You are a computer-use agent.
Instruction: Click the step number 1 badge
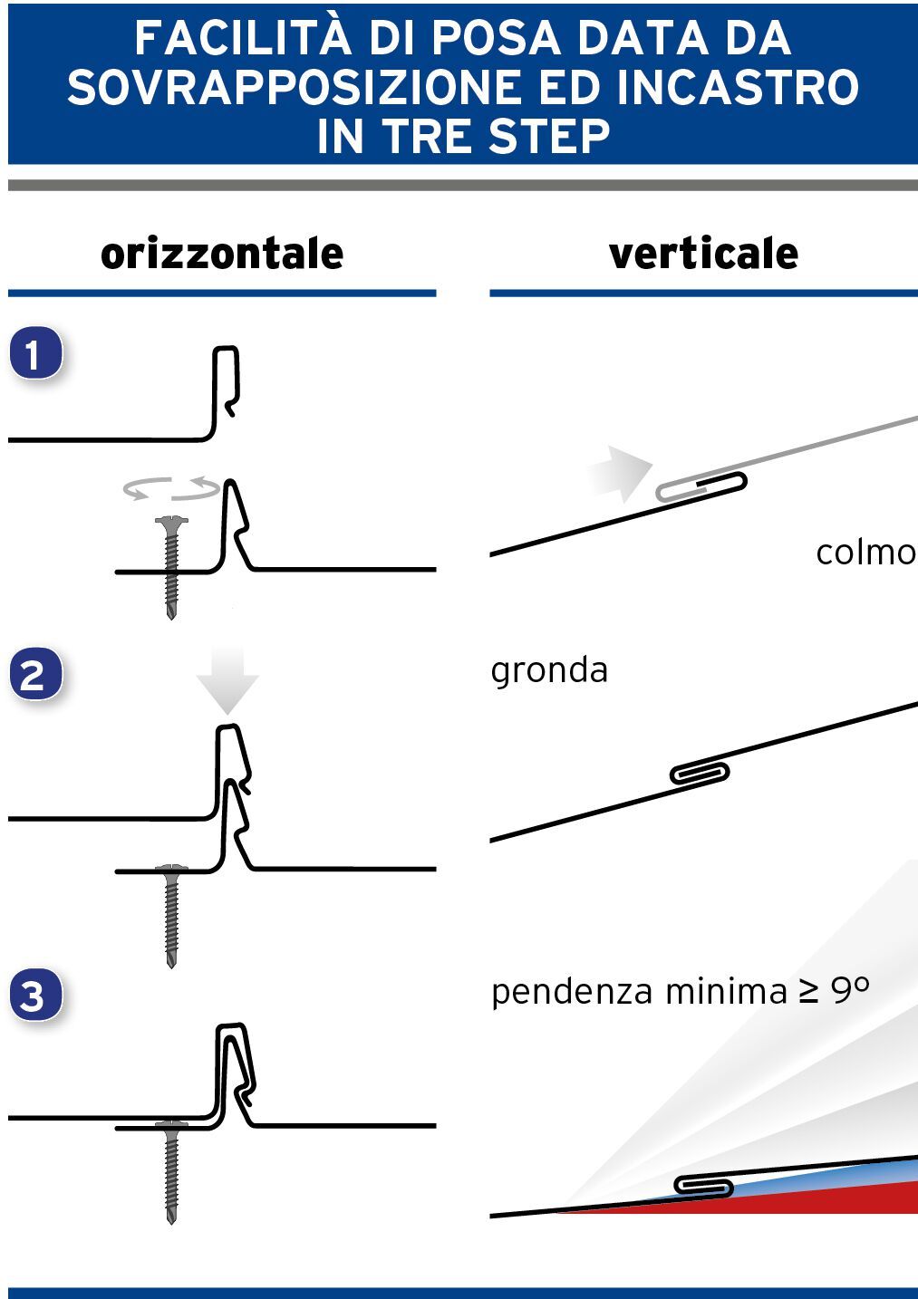point(34,354)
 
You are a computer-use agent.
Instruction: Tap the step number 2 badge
point(34,676)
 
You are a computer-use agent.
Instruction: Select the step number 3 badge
point(34,996)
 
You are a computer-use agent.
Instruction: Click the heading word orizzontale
point(222,254)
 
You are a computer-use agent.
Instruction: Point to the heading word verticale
point(703,254)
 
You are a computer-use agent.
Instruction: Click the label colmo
point(865,553)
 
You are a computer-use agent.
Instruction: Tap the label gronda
point(549,670)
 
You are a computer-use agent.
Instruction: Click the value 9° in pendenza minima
point(850,990)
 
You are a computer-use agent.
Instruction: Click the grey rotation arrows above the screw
point(171,489)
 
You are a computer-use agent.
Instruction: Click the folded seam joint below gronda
point(699,773)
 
